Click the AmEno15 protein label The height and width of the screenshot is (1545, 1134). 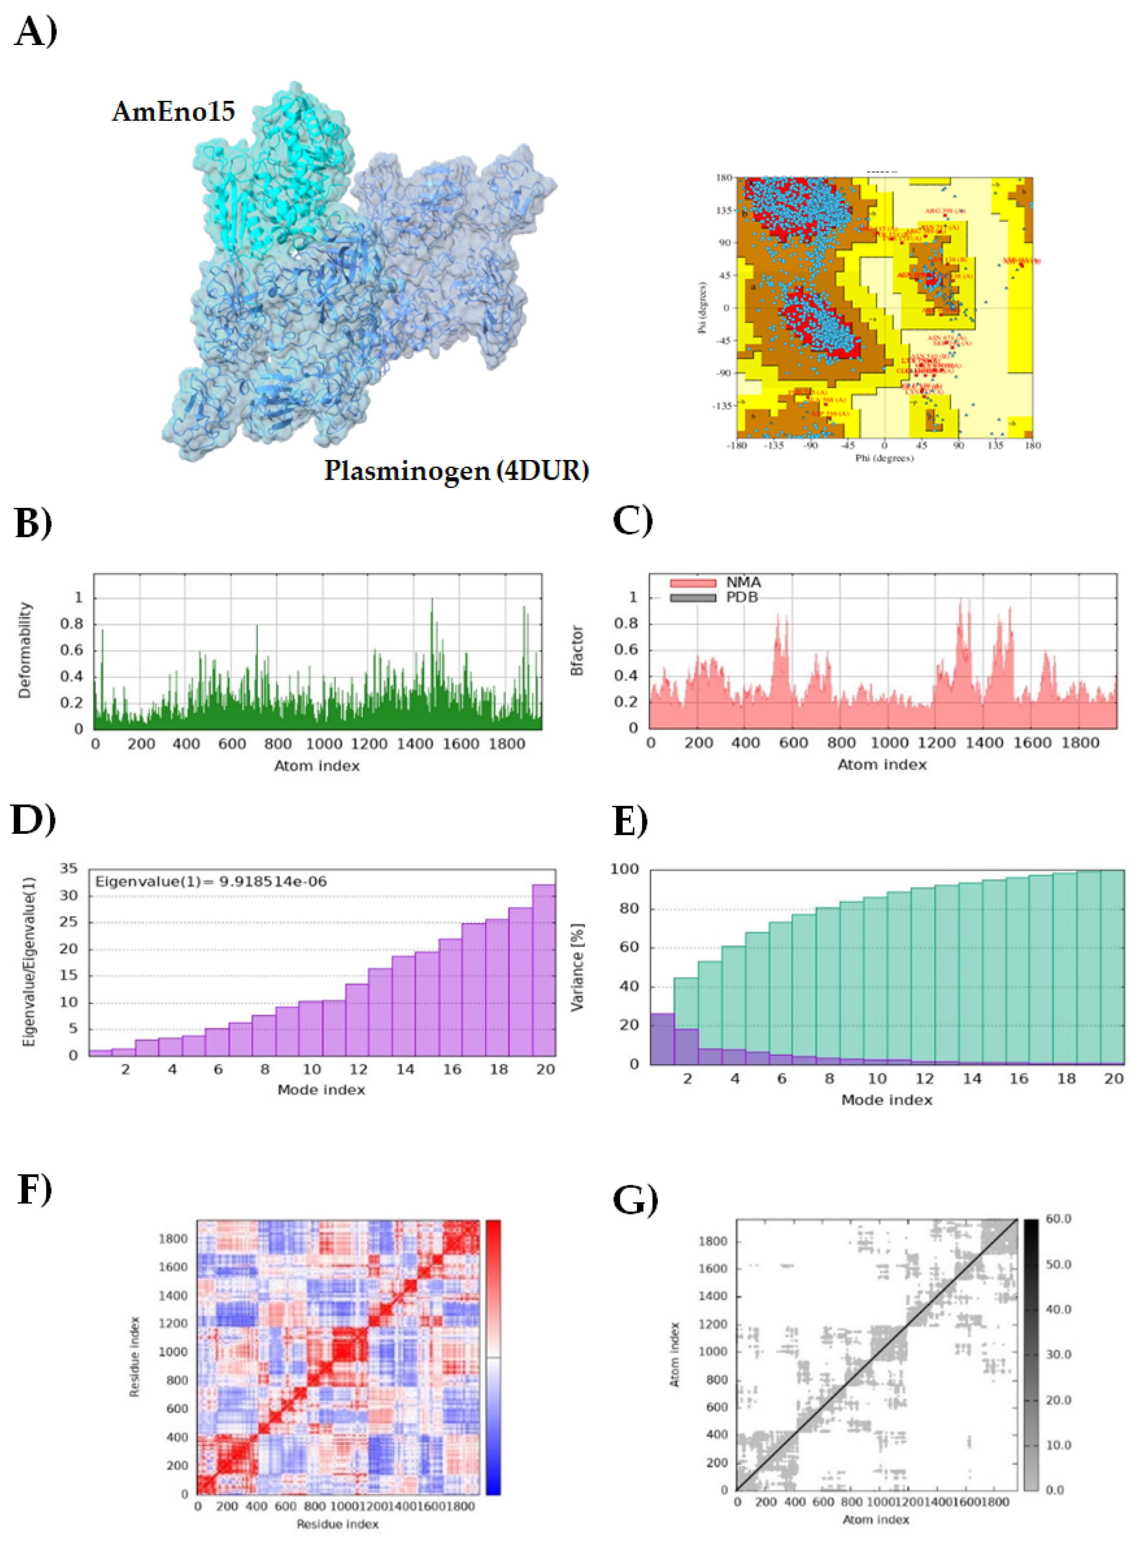click(174, 111)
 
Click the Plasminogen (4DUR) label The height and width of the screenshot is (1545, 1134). click(457, 471)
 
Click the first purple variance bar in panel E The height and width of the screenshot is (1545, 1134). click(662, 1038)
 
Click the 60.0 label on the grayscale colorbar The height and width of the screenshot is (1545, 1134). click(1058, 1219)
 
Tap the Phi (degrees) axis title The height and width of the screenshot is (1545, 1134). click(884, 458)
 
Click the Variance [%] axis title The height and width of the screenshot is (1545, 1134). click(577, 967)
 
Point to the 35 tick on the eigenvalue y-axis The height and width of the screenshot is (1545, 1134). click(69, 869)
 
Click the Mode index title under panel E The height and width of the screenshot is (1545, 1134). click(886, 1099)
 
